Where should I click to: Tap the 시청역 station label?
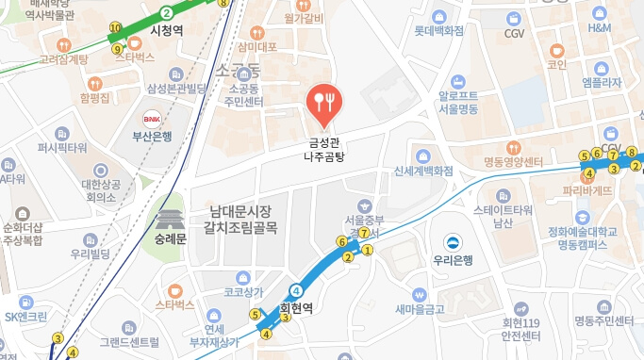coord(173,30)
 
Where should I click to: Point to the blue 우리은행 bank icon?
coord(453,241)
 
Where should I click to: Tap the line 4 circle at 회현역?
coord(296,290)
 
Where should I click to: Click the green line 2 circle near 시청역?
coord(166,12)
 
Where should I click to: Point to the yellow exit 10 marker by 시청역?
coord(115,27)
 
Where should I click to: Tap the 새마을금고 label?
coord(420,308)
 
